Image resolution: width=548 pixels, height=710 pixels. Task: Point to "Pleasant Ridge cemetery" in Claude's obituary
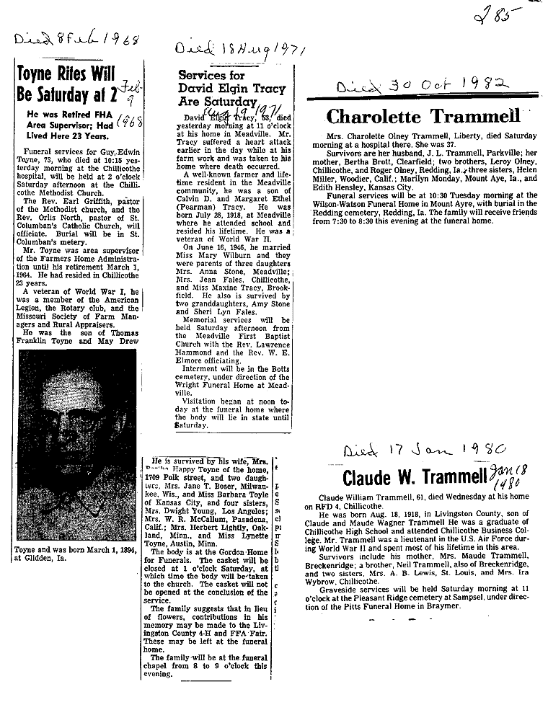coord(380,597)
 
